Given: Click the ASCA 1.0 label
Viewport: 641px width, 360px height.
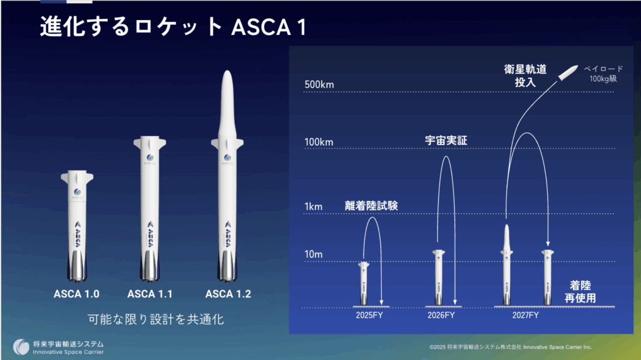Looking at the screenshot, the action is click(76, 294).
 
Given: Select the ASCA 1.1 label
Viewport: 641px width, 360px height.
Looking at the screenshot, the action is click(150, 294).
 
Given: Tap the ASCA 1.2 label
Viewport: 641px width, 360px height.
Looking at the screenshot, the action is click(228, 294).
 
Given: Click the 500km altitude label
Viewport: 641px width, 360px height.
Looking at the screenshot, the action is click(319, 85).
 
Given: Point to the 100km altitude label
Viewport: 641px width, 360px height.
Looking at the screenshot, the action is click(319, 142).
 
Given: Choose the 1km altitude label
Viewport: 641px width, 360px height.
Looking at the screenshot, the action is click(313, 207).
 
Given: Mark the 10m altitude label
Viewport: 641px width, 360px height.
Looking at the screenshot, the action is click(314, 254).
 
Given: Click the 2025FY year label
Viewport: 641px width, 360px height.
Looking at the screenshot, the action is click(369, 315).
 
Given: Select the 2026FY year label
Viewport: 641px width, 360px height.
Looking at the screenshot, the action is click(441, 315).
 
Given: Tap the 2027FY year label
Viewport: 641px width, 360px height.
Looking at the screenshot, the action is click(525, 315).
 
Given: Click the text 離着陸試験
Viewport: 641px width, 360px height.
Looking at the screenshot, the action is click(371, 205).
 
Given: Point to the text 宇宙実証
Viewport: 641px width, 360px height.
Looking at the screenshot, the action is click(446, 141).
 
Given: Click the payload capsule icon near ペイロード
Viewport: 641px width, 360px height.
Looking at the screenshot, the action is click(568, 73).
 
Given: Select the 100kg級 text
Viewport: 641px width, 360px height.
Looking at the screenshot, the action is click(603, 78).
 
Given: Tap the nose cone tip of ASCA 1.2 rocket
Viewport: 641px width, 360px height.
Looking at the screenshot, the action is click(227, 71).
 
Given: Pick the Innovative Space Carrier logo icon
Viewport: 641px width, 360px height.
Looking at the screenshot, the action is click(21, 347).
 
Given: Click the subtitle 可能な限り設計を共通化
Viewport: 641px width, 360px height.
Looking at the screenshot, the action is click(156, 319).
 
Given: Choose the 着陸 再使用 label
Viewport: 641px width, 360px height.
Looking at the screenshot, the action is click(580, 291).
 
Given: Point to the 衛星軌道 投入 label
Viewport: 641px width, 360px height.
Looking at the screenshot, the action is click(525, 76).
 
